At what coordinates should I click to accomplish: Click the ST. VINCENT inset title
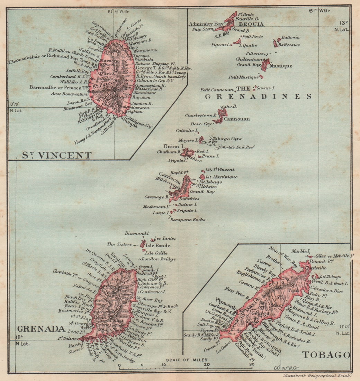coord(57,155)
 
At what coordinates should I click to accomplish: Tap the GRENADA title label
coord(36,329)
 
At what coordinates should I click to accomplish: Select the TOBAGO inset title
coord(326,355)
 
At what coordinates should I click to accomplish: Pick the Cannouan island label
coord(237,119)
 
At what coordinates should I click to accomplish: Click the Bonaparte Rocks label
coord(188,220)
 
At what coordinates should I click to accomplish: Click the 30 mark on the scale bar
coord(251,365)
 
